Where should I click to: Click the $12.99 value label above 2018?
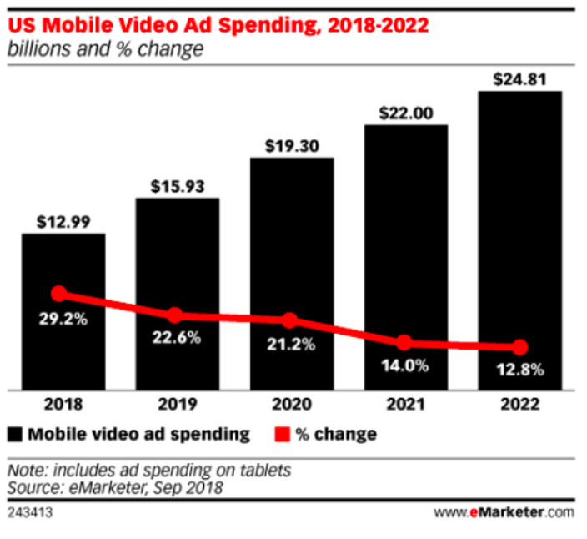click(x=63, y=222)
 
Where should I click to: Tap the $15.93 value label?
click(x=177, y=186)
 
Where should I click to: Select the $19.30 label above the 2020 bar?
click(x=292, y=145)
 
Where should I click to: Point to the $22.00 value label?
click(x=406, y=113)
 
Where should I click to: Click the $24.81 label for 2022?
click(x=520, y=80)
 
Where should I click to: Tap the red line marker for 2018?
click(x=58, y=293)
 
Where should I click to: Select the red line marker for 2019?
click(x=174, y=315)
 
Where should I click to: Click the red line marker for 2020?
click(x=289, y=320)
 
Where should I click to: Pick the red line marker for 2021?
click(x=404, y=342)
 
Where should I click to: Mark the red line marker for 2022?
click(x=519, y=347)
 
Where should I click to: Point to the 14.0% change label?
click(x=408, y=365)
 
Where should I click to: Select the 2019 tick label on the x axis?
click(x=177, y=405)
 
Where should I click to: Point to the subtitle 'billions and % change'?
click(x=105, y=49)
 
